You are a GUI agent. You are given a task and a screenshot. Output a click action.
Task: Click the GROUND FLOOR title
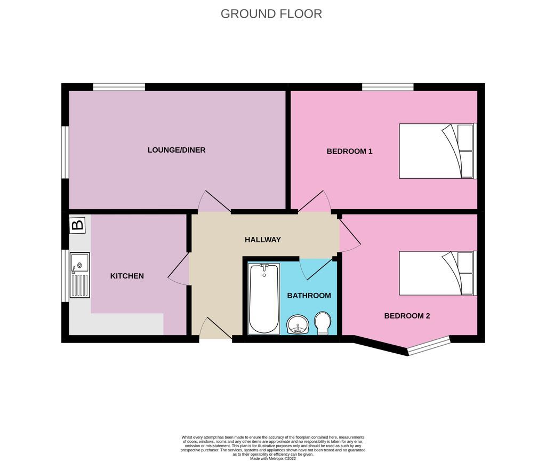click(x=271, y=14)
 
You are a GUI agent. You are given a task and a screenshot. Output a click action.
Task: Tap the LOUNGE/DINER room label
click(x=176, y=150)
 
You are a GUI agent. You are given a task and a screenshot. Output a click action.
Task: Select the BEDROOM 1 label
click(x=349, y=151)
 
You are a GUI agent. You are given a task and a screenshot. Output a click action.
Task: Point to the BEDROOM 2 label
click(x=407, y=315)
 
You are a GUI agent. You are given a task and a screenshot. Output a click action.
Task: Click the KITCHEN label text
click(x=127, y=276)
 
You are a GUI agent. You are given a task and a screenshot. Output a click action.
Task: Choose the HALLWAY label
click(x=262, y=240)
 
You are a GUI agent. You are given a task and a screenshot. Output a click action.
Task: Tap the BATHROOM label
click(x=309, y=295)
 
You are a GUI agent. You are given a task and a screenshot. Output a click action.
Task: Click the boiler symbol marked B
click(x=77, y=225)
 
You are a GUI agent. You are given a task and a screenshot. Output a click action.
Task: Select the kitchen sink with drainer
click(x=79, y=275)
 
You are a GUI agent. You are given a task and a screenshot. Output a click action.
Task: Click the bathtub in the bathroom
click(x=263, y=298)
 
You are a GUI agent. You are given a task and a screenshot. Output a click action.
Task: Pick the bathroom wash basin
click(x=298, y=324)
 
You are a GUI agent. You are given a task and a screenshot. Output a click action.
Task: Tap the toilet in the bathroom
click(x=323, y=323)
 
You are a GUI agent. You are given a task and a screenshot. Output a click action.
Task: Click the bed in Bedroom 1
click(x=436, y=151)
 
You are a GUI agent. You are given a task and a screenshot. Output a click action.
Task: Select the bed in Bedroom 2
click(x=436, y=273)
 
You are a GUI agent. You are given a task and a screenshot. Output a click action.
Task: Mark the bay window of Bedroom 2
click(x=430, y=345)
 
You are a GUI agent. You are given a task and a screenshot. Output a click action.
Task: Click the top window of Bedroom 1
click(x=388, y=87)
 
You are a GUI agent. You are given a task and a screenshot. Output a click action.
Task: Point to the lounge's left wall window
click(x=65, y=152)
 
